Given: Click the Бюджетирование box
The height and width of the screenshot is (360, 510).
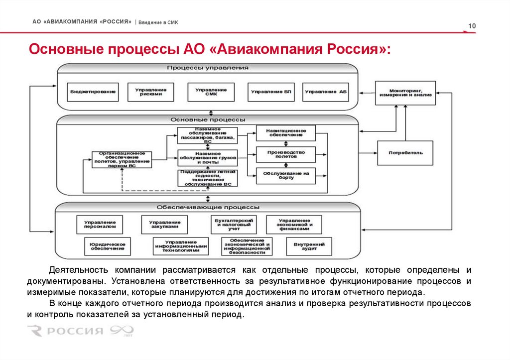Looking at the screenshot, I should tap(93, 92).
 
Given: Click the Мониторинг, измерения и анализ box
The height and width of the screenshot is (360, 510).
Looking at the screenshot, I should tap(405, 93).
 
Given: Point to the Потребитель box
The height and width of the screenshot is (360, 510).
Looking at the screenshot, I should tap(405, 153).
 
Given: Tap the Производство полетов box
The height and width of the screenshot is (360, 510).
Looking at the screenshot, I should tap(286, 154).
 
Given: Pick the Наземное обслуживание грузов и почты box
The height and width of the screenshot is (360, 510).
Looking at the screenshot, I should tap(208, 158).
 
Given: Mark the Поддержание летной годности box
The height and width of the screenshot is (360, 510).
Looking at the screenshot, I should tap(208, 178).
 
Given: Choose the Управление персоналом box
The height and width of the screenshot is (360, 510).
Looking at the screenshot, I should tap(100, 225).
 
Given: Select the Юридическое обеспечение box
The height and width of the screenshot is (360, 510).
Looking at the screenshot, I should tap(107, 246).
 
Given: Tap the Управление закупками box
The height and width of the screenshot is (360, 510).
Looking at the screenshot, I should tap(164, 225).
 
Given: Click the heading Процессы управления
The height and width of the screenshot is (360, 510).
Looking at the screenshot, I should tap(208, 67).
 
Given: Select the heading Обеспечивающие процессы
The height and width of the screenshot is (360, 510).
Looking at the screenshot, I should tap(208, 207).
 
